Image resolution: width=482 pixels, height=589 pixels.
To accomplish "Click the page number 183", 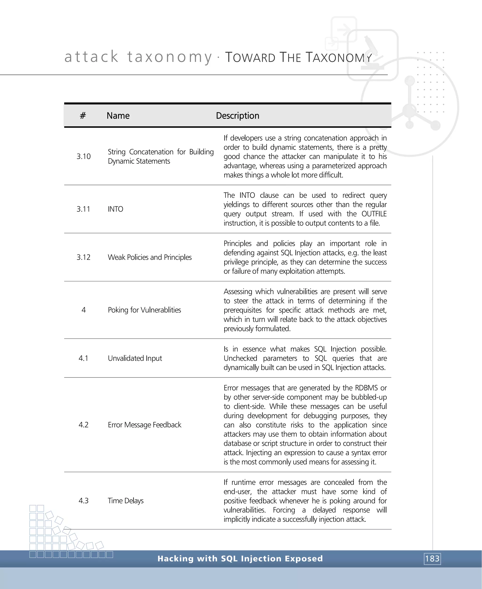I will click(432, 558).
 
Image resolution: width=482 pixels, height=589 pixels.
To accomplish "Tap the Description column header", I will click(237, 116).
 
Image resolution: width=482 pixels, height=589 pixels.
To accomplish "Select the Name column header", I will click(118, 116).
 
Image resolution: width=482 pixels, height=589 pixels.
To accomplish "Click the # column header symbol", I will click(83, 116).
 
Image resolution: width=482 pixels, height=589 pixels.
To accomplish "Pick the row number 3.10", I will click(84, 156).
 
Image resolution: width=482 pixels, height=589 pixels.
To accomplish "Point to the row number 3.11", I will click(84, 209).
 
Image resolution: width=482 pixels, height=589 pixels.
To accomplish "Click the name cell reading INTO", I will click(116, 209).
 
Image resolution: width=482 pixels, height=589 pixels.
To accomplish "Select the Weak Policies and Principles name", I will click(150, 257).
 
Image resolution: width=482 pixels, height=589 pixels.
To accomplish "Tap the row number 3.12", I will click(84, 257).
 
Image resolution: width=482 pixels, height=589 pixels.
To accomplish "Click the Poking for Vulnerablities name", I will click(144, 310).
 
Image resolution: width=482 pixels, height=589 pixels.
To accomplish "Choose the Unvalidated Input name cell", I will click(135, 358).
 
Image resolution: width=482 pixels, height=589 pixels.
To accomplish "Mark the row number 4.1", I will click(84, 358).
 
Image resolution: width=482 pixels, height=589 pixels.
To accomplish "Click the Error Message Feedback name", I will click(144, 425).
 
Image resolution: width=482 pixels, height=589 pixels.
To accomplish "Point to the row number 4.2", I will click(84, 425).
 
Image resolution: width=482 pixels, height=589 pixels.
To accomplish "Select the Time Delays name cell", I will click(126, 501).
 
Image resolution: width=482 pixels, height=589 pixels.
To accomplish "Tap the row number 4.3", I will click(84, 501).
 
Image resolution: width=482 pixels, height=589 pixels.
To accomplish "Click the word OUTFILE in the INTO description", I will click(374, 214).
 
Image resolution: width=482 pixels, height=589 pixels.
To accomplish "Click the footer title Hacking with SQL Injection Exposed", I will click(240, 558).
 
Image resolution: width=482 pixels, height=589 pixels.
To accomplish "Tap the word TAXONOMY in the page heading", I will click(339, 57).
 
